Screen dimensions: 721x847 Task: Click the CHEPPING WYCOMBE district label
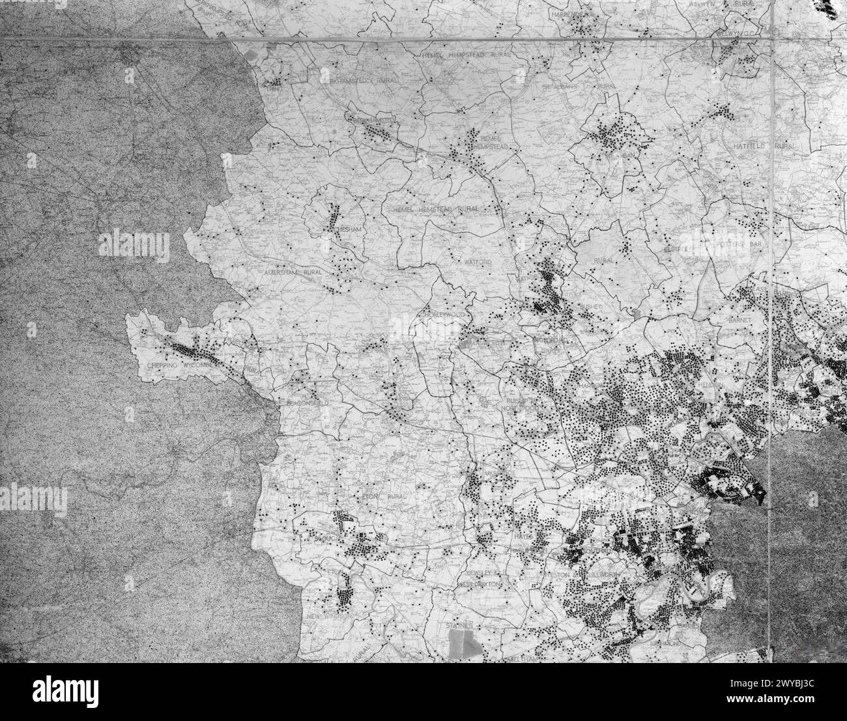(x=169, y=365)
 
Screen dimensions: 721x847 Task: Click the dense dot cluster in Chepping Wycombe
(x=189, y=350)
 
